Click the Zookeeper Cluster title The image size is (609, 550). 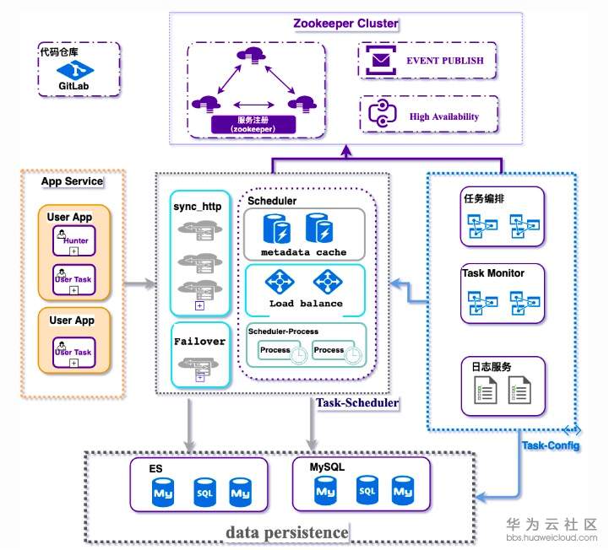tap(345, 24)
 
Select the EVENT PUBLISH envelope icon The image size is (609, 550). tap(382, 61)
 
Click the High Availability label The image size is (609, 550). tap(443, 116)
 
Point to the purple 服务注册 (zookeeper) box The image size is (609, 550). tap(254, 125)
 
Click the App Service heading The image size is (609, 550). tap(72, 181)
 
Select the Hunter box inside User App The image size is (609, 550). tap(74, 240)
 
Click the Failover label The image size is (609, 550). tap(199, 342)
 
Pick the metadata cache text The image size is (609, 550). tap(303, 252)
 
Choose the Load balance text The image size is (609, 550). tap(306, 303)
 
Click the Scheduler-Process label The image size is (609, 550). tap(283, 331)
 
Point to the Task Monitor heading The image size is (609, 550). tap(493, 273)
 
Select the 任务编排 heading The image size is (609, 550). tap(484, 199)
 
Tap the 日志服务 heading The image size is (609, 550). tap(486, 368)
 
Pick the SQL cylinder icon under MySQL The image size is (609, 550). tap(366, 489)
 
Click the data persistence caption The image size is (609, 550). tap(286, 532)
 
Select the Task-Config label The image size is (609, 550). tap(551, 445)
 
